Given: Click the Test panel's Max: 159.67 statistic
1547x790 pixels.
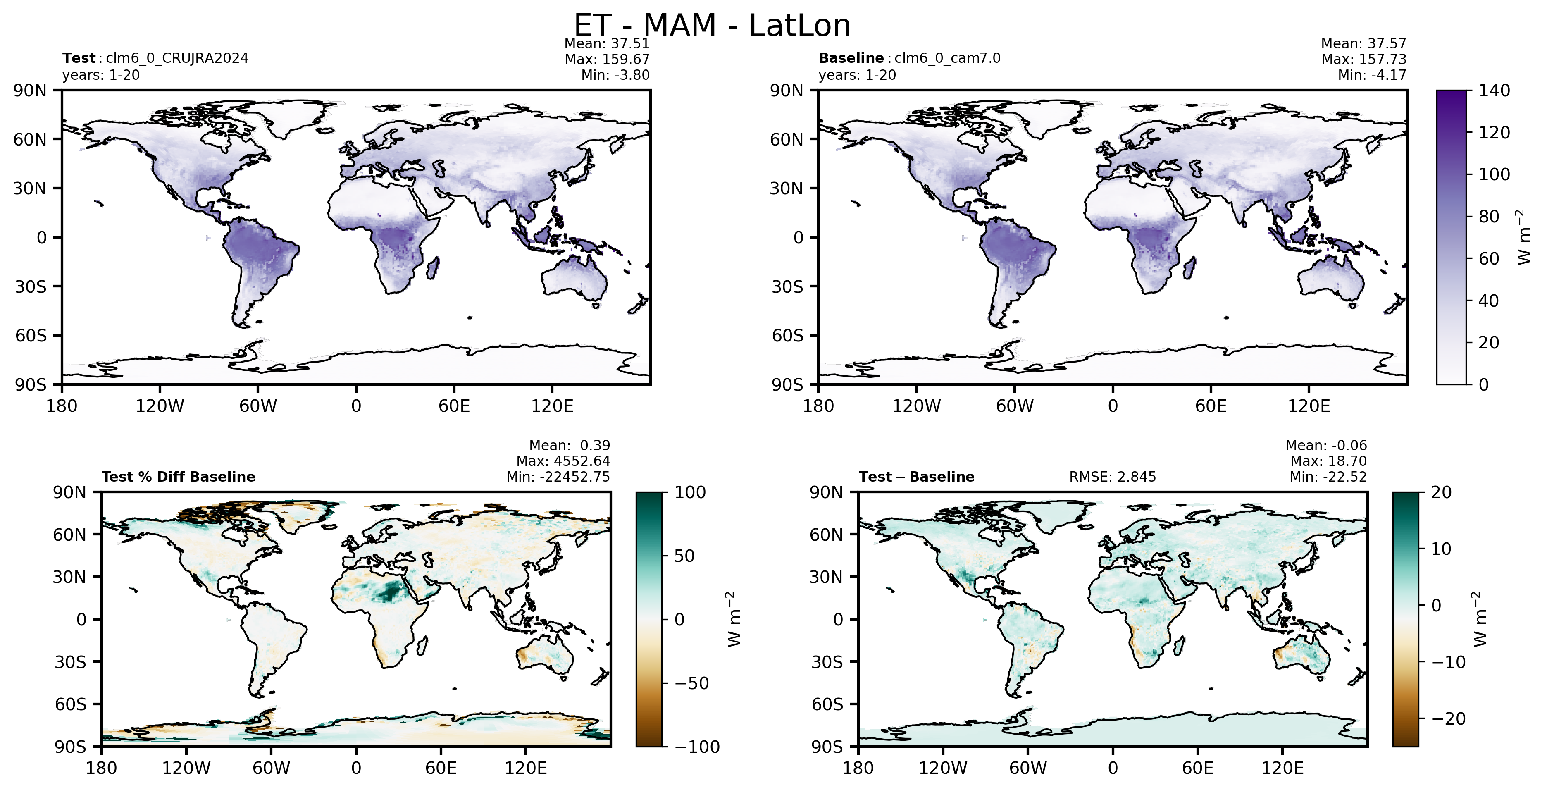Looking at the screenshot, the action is point(607,59).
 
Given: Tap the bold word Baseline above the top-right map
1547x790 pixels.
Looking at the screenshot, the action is point(851,58).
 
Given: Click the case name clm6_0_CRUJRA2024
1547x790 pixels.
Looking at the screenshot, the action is point(177,58).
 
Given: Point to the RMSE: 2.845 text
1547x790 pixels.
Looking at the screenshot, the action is point(1112,477).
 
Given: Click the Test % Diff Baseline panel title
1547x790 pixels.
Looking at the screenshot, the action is point(179,477).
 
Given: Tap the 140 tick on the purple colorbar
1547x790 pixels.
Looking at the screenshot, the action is point(1494,91).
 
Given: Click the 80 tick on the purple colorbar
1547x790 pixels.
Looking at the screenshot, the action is point(1489,216).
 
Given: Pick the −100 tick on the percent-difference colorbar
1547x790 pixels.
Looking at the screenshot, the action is point(697,747).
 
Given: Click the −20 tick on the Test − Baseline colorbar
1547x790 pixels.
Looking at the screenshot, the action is point(1448,718).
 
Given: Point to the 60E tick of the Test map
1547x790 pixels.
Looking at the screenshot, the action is point(454,406).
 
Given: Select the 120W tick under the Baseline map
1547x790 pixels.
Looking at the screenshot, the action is point(916,406).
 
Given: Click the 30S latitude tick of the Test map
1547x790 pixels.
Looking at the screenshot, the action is point(31,286).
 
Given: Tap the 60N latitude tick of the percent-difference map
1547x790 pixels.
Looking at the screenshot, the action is point(70,535).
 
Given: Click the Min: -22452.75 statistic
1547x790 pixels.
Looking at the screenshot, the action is point(558,477).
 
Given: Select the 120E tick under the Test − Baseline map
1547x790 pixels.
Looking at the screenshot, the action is point(1282,769).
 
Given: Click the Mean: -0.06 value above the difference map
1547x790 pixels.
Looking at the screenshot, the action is point(1326,445).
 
